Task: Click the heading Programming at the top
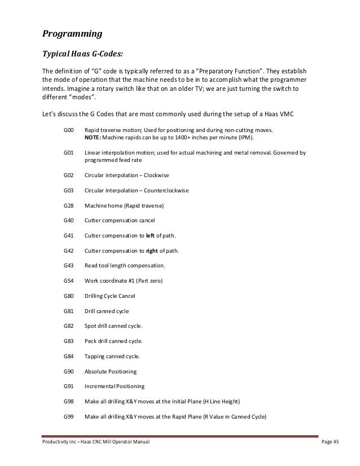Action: coord(72,34)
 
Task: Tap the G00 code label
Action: coord(69,130)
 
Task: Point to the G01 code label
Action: coord(69,152)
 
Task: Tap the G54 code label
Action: coord(69,280)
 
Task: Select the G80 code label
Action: coord(69,296)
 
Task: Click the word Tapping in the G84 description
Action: coord(95,356)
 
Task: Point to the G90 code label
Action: coord(69,371)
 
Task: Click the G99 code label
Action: coord(69,416)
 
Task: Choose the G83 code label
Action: coord(69,341)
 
